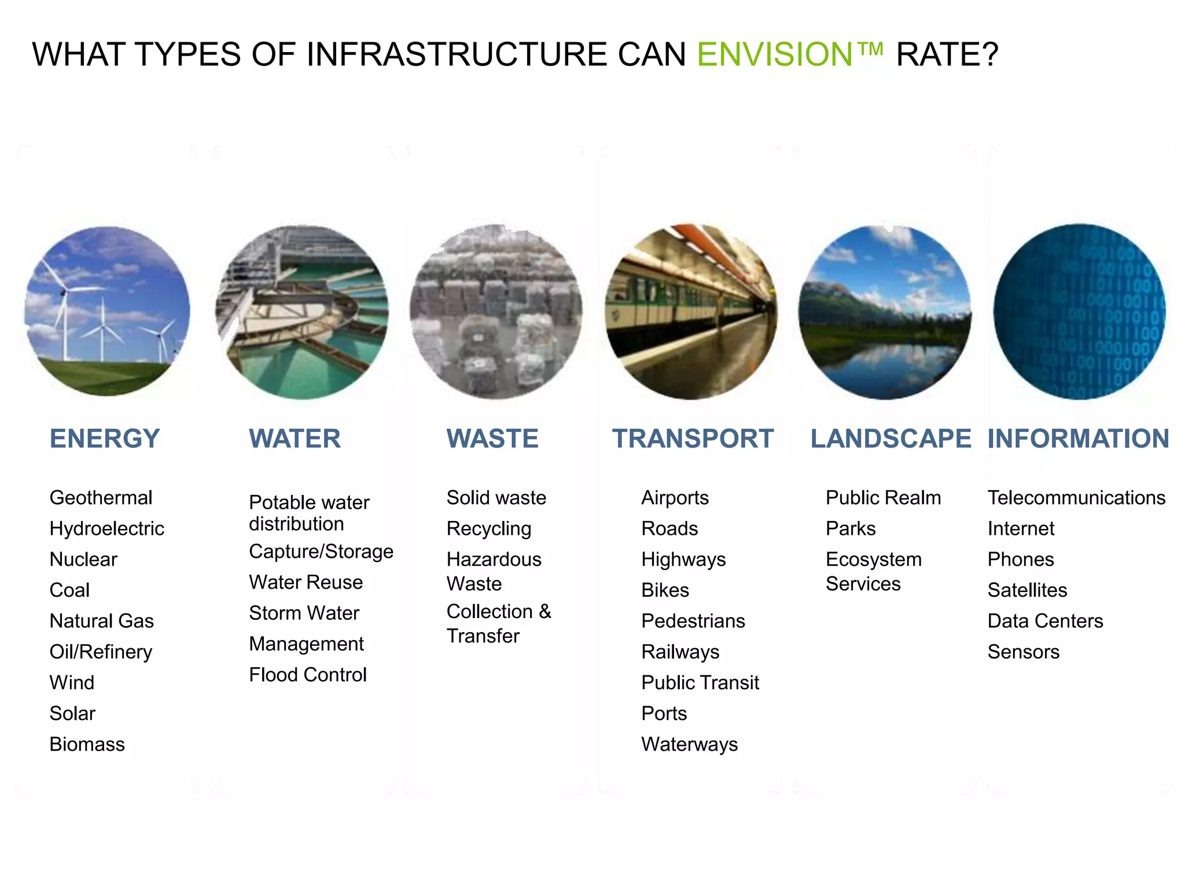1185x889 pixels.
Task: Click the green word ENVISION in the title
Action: coord(775,54)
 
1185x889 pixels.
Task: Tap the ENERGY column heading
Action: coord(105,439)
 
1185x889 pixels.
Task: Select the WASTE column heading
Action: coord(492,439)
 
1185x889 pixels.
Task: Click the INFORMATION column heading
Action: coord(1079,439)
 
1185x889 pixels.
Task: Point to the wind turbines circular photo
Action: coord(107,311)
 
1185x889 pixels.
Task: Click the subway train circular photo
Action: coord(691,311)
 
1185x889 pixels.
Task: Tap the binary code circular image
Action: coord(1080,311)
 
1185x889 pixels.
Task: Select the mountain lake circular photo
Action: coord(885,311)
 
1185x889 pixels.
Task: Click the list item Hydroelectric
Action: coord(107,528)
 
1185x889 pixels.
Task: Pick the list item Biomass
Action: coord(87,744)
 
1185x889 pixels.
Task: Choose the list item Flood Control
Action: coord(308,675)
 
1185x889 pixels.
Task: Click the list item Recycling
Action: coord(489,528)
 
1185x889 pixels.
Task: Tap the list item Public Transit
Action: coord(700,683)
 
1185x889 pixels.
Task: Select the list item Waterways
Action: coord(690,744)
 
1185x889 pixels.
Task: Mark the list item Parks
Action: coord(851,528)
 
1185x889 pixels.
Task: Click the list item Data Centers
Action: coord(1045,621)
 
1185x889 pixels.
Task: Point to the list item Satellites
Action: coord(1027,590)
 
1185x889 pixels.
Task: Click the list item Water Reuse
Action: coord(306,582)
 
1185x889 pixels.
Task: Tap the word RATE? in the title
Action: coord(947,54)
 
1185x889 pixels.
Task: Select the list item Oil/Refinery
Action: coord(101,652)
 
